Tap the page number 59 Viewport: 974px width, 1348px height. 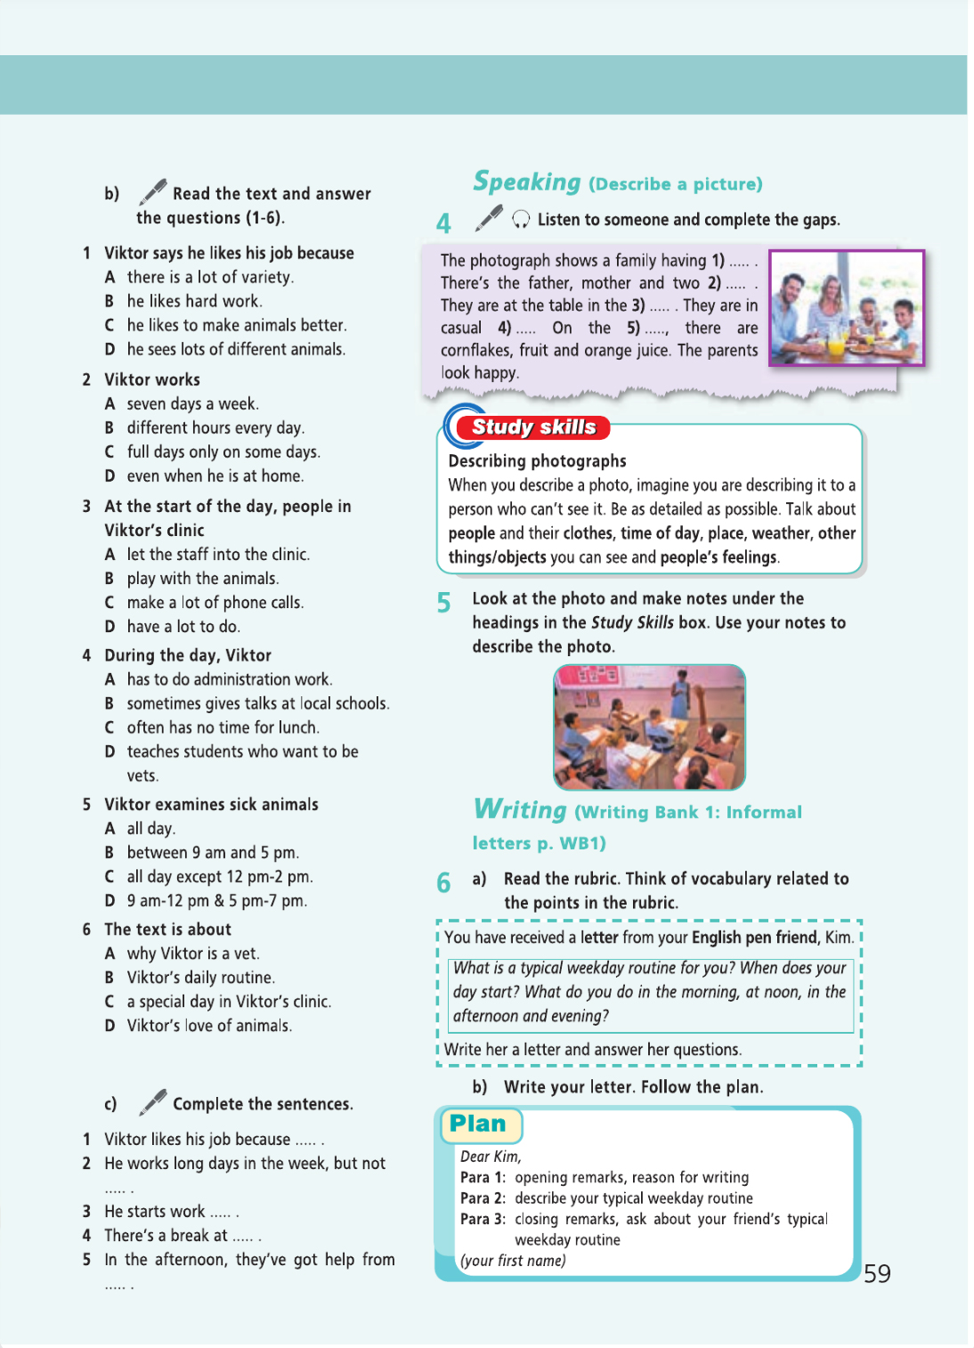[x=877, y=1273]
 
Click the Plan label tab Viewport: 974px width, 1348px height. [x=479, y=1125]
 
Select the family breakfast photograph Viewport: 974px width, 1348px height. [x=847, y=308]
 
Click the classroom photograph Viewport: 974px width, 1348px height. [x=649, y=727]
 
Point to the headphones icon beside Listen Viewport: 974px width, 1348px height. [x=522, y=219]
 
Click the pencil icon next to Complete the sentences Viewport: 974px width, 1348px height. [x=153, y=1101]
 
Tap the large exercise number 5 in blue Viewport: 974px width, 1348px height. [x=443, y=604]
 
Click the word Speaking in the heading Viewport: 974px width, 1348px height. [x=527, y=182]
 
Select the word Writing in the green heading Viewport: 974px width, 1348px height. [x=521, y=809]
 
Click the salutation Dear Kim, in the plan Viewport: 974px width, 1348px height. [x=491, y=1157]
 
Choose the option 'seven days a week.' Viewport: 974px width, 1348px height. [x=192, y=404]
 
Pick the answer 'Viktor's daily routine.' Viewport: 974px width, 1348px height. [x=200, y=978]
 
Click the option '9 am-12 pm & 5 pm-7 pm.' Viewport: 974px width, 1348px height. [x=216, y=901]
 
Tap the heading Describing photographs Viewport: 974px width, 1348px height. [x=537, y=461]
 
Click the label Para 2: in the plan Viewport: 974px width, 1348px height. [x=483, y=1198]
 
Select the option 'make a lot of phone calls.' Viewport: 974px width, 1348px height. [x=215, y=603]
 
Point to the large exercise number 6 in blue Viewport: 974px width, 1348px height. [x=443, y=882]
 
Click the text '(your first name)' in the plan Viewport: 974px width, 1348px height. [x=513, y=1261]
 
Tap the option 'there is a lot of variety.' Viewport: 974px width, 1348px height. [x=210, y=278]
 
